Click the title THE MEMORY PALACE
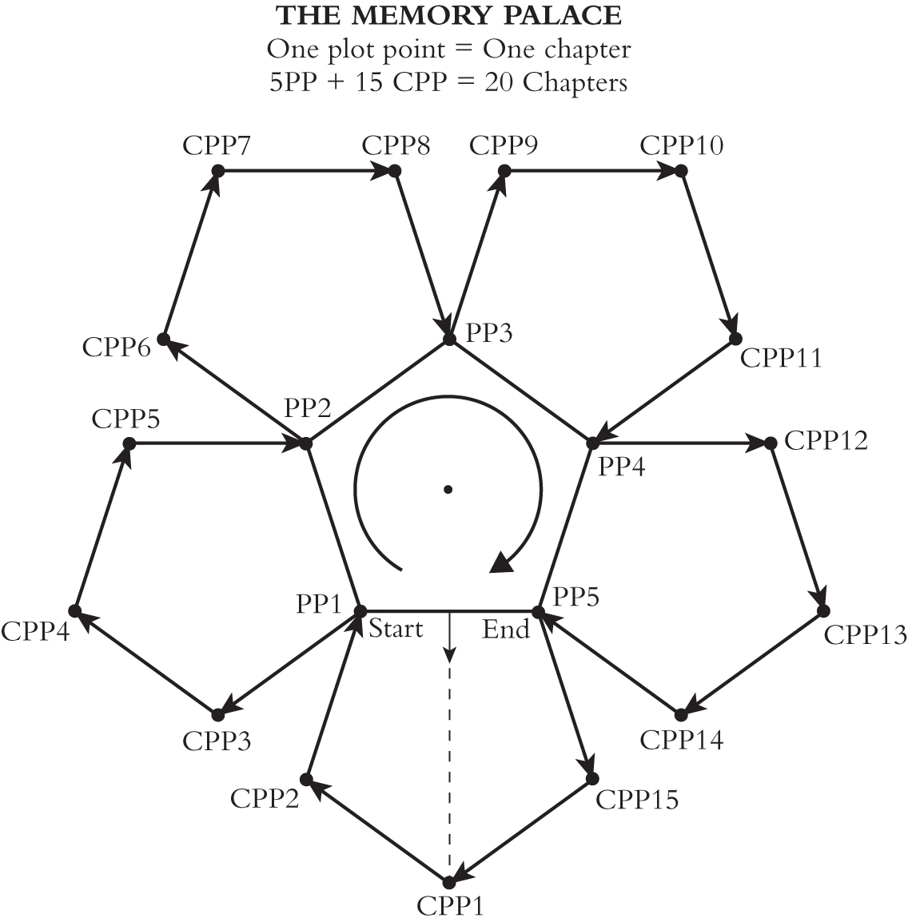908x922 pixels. (x=448, y=15)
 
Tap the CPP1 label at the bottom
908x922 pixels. (x=450, y=906)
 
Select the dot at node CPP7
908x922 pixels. (x=217, y=170)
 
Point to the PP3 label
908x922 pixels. (x=489, y=333)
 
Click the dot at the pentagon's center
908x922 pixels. (x=448, y=490)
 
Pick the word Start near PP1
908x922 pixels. (x=396, y=629)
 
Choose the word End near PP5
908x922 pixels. (x=506, y=630)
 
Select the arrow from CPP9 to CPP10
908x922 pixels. (x=591, y=170)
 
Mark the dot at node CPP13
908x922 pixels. (x=822, y=611)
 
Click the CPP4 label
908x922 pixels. (x=35, y=631)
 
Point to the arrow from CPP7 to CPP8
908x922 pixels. (x=304, y=170)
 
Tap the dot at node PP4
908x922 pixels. (x=592, y=443)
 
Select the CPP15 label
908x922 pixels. (x=637, y=799)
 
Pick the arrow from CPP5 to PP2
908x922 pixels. (x=216, y=443)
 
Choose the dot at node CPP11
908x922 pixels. (x=735, y=340)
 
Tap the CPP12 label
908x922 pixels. (x=826, y=440)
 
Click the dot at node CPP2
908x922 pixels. (x=305, y=779)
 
